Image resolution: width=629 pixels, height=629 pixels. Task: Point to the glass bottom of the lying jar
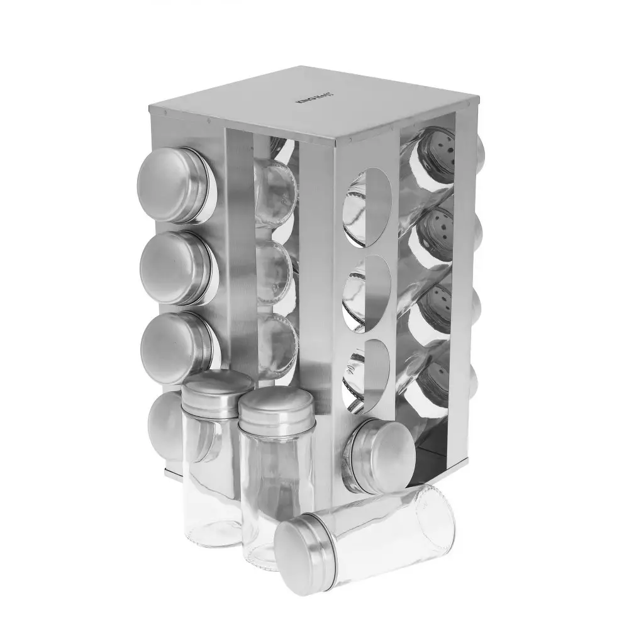pyautogui.click(x=434, y=519)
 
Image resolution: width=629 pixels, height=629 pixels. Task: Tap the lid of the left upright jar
pyautogui.click(x=217, y=390)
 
